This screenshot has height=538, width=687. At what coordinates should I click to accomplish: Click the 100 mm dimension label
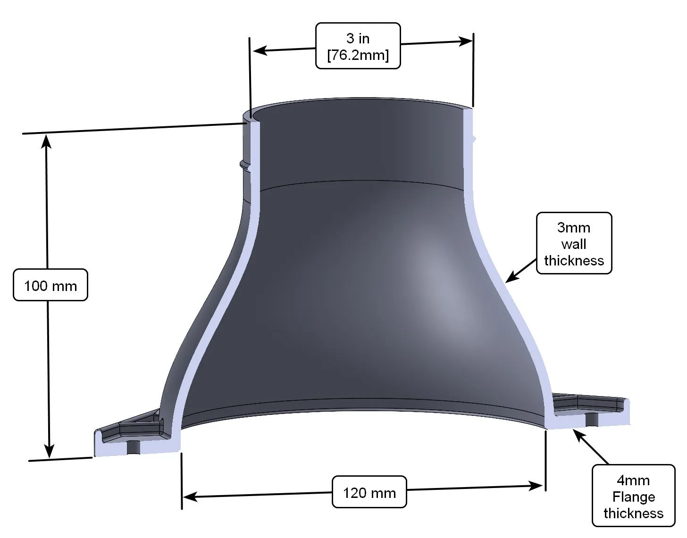click(x=50, y=285)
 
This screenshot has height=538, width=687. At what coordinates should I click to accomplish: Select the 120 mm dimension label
click(x=369, y=493)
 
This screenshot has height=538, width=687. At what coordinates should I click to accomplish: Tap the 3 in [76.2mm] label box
click(x=358, y=46)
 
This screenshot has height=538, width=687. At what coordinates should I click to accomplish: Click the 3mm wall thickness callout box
click(x=574, y=244)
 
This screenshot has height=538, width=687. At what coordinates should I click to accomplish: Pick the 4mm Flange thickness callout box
click(x=633, y=496)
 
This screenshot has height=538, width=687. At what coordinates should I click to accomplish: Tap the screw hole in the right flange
click(x=591, y=418)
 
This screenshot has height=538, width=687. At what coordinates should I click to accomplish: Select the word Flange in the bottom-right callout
click(x=633, y=497)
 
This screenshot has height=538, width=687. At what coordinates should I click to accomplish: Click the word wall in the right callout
click(x=574, y=244)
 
